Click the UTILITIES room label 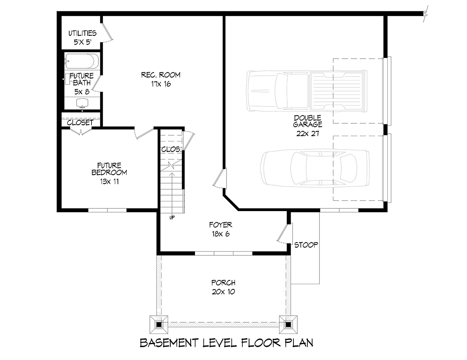83,33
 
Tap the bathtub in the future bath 82,61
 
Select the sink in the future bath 83,103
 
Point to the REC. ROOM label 161,75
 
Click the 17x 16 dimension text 161,84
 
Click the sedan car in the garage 315,168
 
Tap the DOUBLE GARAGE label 307,121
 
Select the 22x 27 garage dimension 307,134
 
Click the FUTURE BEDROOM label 109,169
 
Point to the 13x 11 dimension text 109,182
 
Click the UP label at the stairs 172,217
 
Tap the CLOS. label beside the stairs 172,149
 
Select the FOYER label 221,225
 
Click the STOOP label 306,245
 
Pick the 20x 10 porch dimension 223,292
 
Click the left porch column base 159,325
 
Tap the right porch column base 288,325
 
